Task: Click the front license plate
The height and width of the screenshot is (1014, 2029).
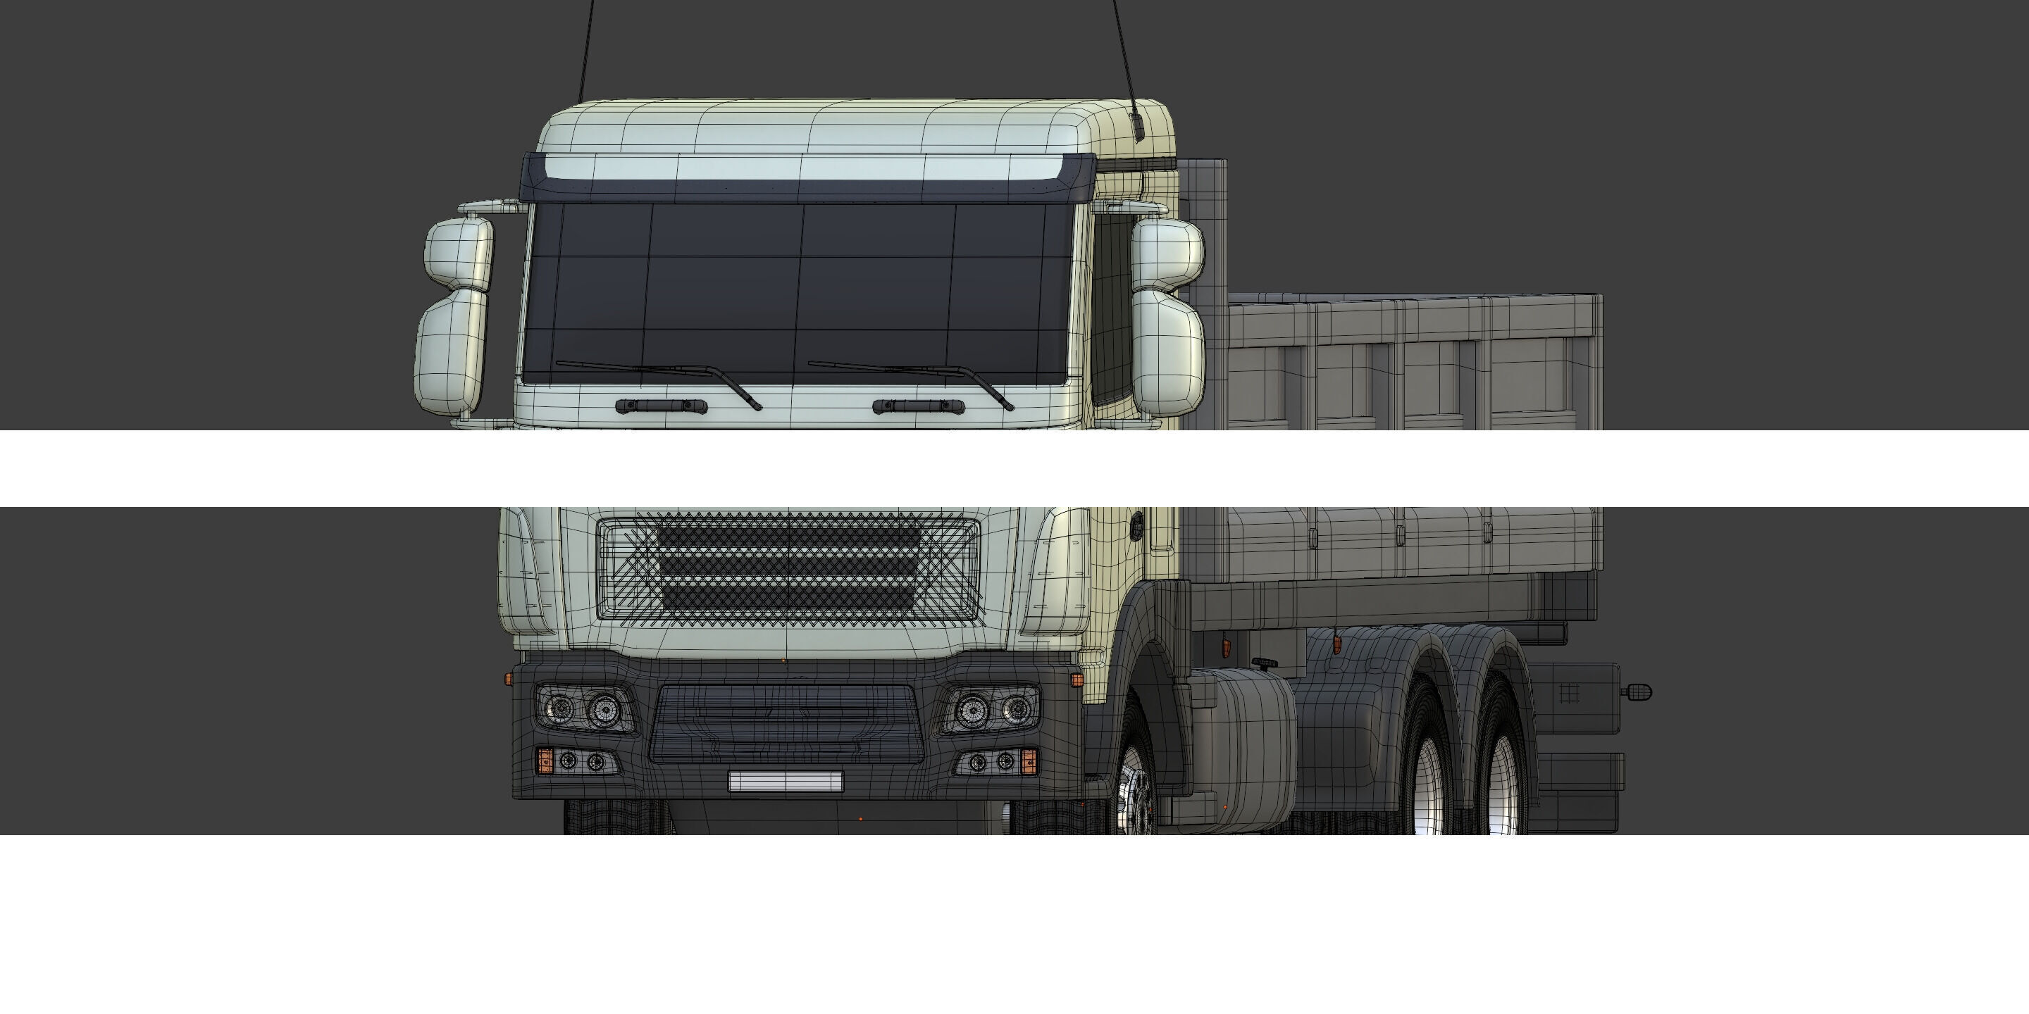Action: click(x=786, y=781)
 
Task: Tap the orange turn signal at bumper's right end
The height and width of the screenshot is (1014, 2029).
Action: click(x=1028, y=761)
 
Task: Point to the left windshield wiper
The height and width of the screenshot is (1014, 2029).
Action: click(x=662, y=375)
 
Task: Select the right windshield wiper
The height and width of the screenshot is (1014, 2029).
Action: click(x=914, y=375)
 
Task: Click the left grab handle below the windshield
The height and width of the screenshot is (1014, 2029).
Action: click(x=661, y=406)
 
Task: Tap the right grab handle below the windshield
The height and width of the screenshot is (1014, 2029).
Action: click(x=919, y=406)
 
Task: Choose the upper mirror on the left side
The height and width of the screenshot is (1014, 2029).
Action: click(x=459, y=251)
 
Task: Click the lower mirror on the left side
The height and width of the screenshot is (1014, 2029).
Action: click(x=452, y=351)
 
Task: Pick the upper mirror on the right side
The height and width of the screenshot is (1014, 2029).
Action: click(x=1167, y=254)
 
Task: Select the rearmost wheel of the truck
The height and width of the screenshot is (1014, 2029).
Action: click(x=1501, y=780)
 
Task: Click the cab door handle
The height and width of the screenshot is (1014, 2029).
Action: click(x=1136, y=525)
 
